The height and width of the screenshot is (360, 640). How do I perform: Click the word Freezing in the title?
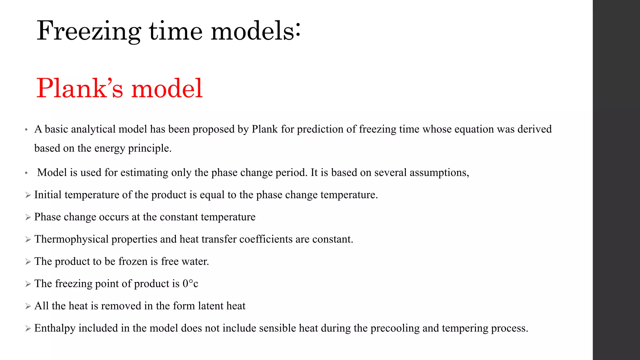pyautogui.click(x=89, y=31)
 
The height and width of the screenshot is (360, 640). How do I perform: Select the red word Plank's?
pyautogui.click(x=80, y=88)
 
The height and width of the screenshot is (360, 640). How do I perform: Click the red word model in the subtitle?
pyautogui.click(x=167, y=88)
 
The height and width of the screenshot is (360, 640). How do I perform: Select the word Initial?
pyautogui.click(x=48, y=195)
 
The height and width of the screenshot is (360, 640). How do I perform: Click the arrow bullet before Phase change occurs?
pyautogui.click(x=28, y=217)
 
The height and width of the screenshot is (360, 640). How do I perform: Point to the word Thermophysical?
pyautogui.click(x=71, y=239)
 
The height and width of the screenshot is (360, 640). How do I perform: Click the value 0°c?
pyautogui.click(x=190, y=283)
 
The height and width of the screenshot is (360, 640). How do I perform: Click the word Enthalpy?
pyautogui.click(x=55, y=328)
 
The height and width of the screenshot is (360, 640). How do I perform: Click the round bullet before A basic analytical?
pyautogui.click(x=27, y=129)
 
